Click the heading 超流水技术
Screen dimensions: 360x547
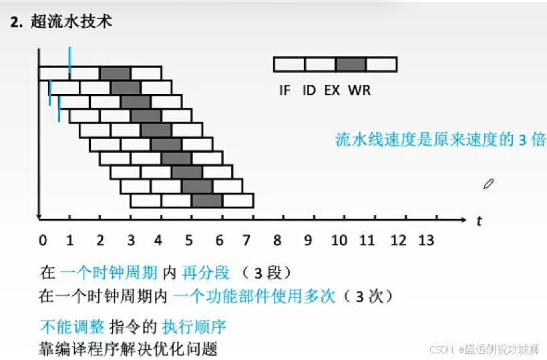71,21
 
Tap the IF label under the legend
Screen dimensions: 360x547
285,90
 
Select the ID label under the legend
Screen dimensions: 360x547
309,90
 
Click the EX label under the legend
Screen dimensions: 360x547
332,90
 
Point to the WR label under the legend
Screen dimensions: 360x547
359,90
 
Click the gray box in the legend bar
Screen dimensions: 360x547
351,64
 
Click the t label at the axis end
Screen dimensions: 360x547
479,221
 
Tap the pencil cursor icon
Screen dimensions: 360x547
488,184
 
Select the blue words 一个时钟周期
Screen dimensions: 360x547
109,273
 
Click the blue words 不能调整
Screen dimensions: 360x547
71,327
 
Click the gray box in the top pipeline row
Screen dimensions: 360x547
115,73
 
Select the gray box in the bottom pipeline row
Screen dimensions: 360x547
206,200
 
